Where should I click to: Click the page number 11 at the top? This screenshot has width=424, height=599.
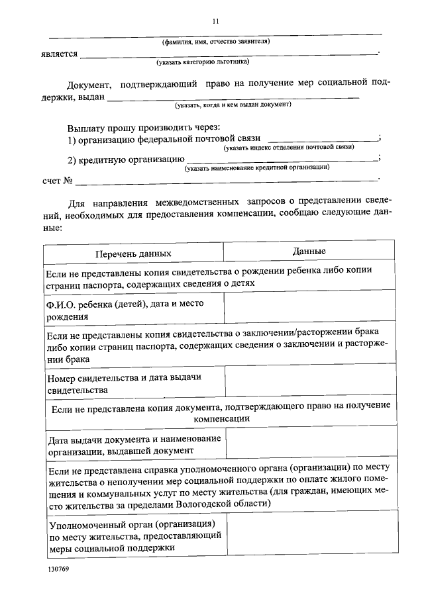click(x=215, y=21)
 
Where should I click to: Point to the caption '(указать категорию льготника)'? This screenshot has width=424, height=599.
click(x=203, y=63)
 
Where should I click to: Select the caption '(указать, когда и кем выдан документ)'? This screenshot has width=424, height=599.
click(x=233, y=105)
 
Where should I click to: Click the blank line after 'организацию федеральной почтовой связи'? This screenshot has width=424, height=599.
click(x=321, y=138)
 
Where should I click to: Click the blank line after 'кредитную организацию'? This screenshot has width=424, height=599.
click(x=282, y=159)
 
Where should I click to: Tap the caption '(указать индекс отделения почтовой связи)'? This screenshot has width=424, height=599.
click(x=289, y=147)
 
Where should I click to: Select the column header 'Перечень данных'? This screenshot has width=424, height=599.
click(x=132, y=253)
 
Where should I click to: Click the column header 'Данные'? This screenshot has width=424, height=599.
click(x=309, y=252)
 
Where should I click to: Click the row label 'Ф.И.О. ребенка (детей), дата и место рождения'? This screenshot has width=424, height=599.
click(x=125, y=309)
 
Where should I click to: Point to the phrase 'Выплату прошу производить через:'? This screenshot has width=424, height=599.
click(x=143, y=126)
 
